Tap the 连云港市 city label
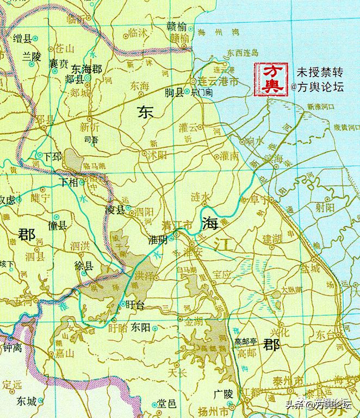pyautogui.click(x=219, y=81)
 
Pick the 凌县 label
pyautogui.click(x=115, y=210)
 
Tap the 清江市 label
pyautogui.click(x=177, y=225)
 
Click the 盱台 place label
pyautogui.click(x=134, y=306)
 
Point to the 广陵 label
pyautogui.click(x=224, y=394)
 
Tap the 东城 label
pyautogui.click(x=26, y=402)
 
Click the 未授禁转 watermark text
pyautogui.click(x=317, y=72)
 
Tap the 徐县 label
pyautogui.click(x=84, y=266)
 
